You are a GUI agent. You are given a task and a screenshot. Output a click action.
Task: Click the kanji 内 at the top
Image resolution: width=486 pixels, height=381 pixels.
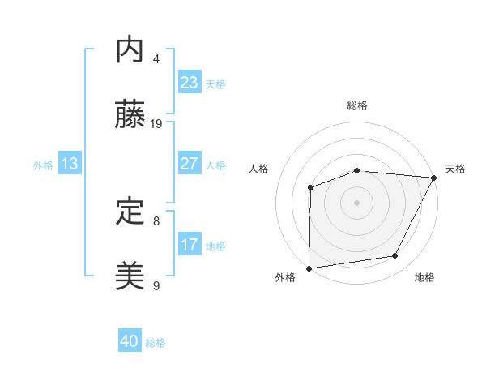pos(130,50)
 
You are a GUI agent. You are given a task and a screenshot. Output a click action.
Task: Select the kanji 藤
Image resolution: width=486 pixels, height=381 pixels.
pos(130,116)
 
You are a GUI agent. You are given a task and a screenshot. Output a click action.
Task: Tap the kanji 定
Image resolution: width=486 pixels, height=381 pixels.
pos(130,212)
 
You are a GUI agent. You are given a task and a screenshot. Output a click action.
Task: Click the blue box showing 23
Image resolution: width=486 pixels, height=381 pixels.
pos(190,83)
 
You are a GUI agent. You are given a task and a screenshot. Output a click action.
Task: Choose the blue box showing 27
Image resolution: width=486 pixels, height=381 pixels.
pos(190,164)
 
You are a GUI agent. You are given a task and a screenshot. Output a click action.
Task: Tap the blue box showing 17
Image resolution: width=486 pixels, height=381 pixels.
pos(190,245)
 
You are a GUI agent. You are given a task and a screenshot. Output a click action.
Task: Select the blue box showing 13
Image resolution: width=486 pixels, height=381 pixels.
pos(70,165)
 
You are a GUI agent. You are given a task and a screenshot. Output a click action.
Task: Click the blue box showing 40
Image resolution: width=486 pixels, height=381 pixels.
pos(130,342)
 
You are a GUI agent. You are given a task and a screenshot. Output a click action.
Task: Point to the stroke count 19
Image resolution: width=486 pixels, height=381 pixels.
pos(157,124)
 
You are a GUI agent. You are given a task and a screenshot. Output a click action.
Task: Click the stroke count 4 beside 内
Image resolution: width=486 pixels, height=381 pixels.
pos(156,58)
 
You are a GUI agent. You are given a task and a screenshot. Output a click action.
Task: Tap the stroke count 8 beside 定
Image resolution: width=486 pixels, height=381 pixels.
pos(156,220)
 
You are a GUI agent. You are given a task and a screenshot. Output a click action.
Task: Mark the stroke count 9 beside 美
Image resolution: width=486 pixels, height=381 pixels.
pos(156,286)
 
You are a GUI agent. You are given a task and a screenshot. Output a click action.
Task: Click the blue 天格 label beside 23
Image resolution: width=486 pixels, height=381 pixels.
pos(215,84)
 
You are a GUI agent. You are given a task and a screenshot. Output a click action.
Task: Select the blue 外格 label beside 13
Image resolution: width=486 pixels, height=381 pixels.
pos(43,165)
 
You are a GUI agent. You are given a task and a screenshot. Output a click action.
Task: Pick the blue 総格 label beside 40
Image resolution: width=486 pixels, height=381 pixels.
pos(156,343)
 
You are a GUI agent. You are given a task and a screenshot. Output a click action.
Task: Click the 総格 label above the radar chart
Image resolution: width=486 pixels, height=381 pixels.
pos(357,106)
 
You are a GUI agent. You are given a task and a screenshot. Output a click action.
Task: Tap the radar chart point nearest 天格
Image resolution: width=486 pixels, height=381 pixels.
pos(434,179)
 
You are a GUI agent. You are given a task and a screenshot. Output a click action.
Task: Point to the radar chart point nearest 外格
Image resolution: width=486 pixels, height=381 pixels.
pos(309,268)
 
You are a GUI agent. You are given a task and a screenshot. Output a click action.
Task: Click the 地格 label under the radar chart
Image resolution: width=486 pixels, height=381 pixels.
pos(424,278)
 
